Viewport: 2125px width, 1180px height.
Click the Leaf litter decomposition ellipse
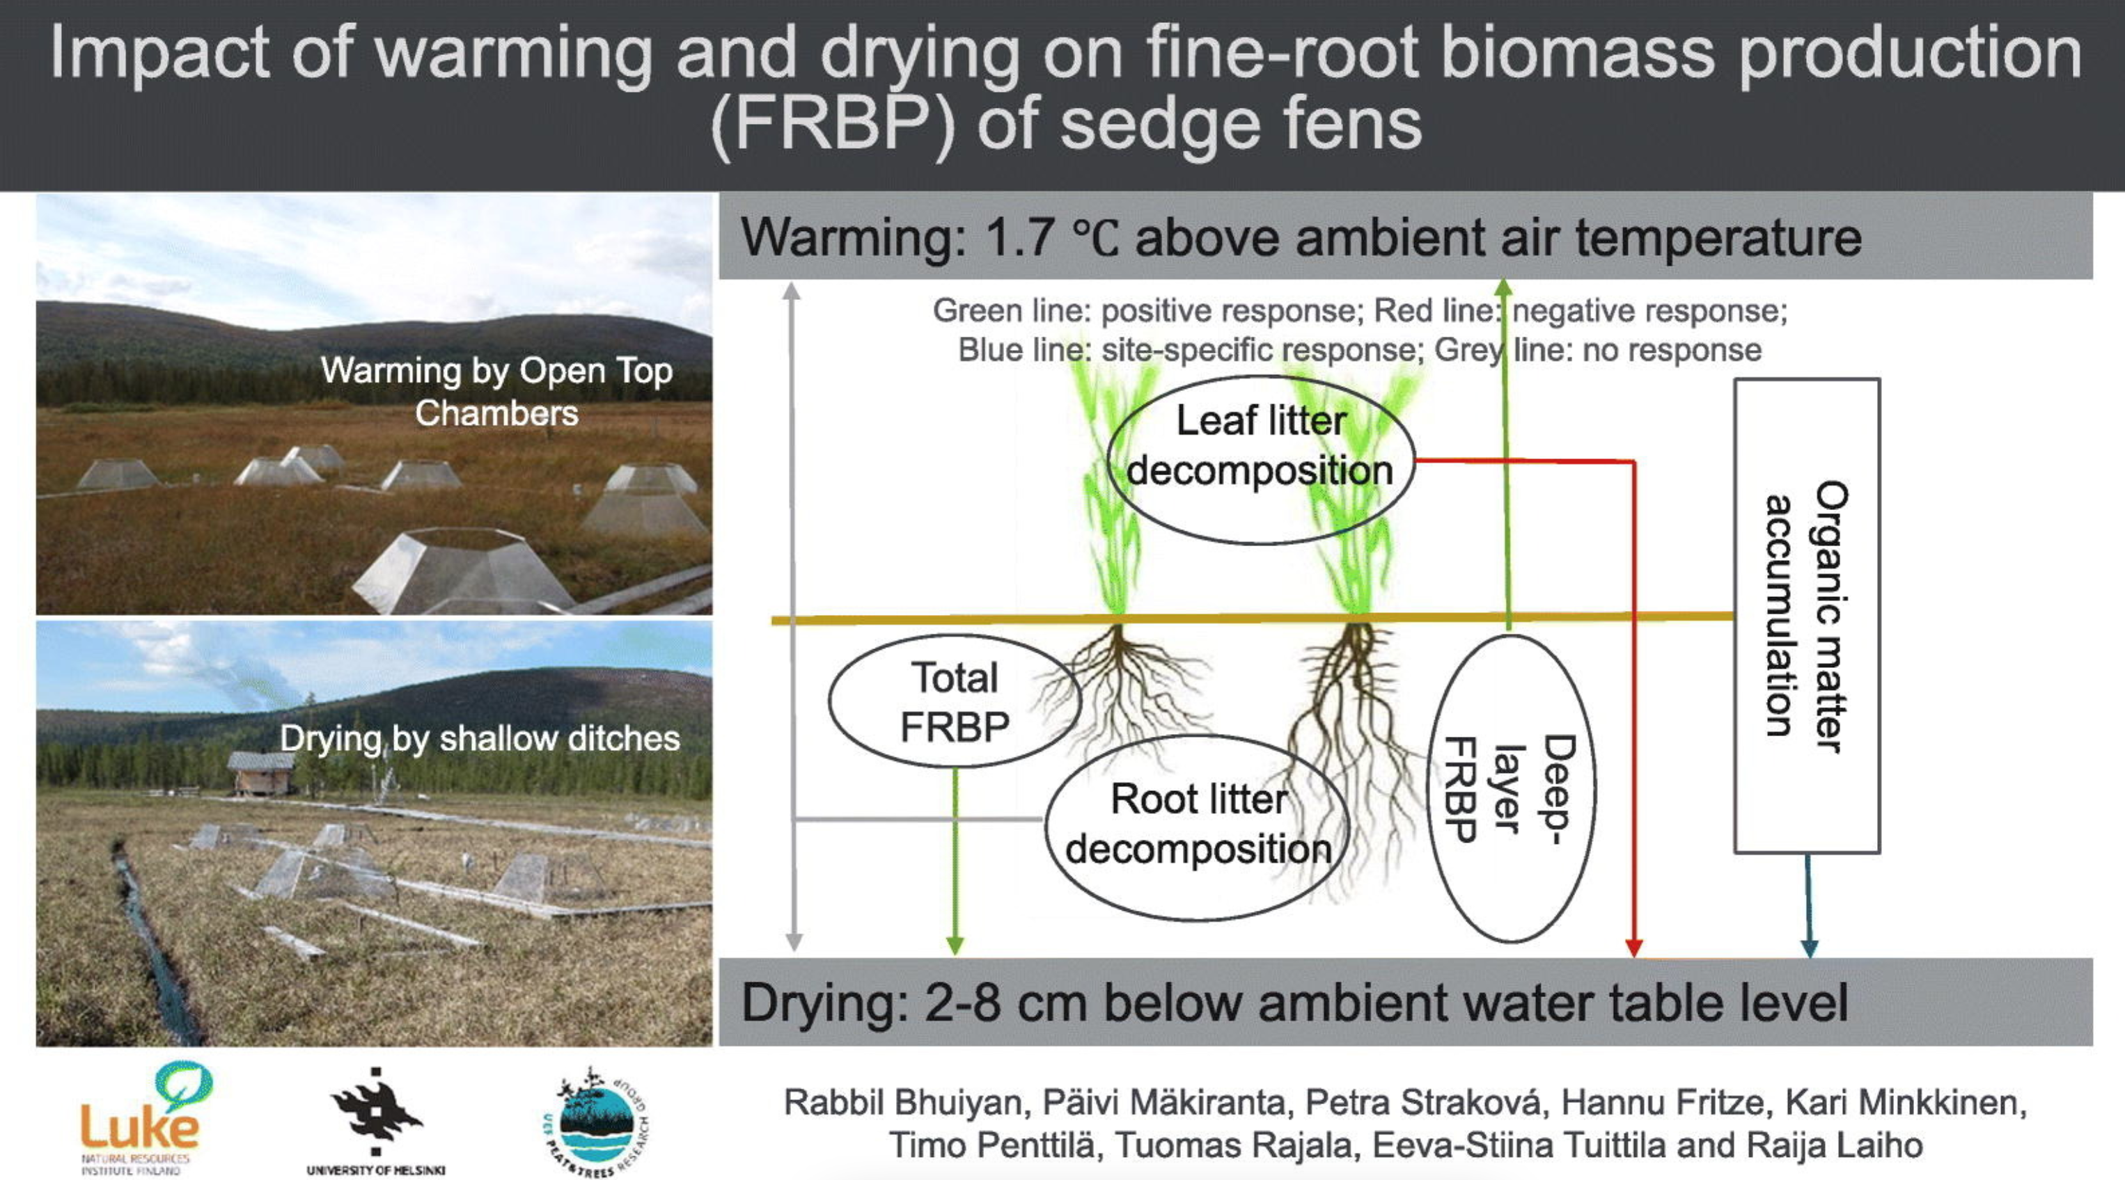pyautogui.click(x=1260, y=459)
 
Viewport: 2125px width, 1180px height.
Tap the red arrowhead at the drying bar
pyautogui.click(x=1633, y=948)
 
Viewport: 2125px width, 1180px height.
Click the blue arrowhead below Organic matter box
pyautogui.click(x=1809, y=948)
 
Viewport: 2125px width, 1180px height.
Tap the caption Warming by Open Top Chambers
pyautogui.click(x=496, y=392)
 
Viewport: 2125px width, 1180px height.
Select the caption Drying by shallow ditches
pyautogui.click(x=480, y=738)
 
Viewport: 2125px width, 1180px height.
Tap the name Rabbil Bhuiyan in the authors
pyautogui.click(x=907, y=1103)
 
